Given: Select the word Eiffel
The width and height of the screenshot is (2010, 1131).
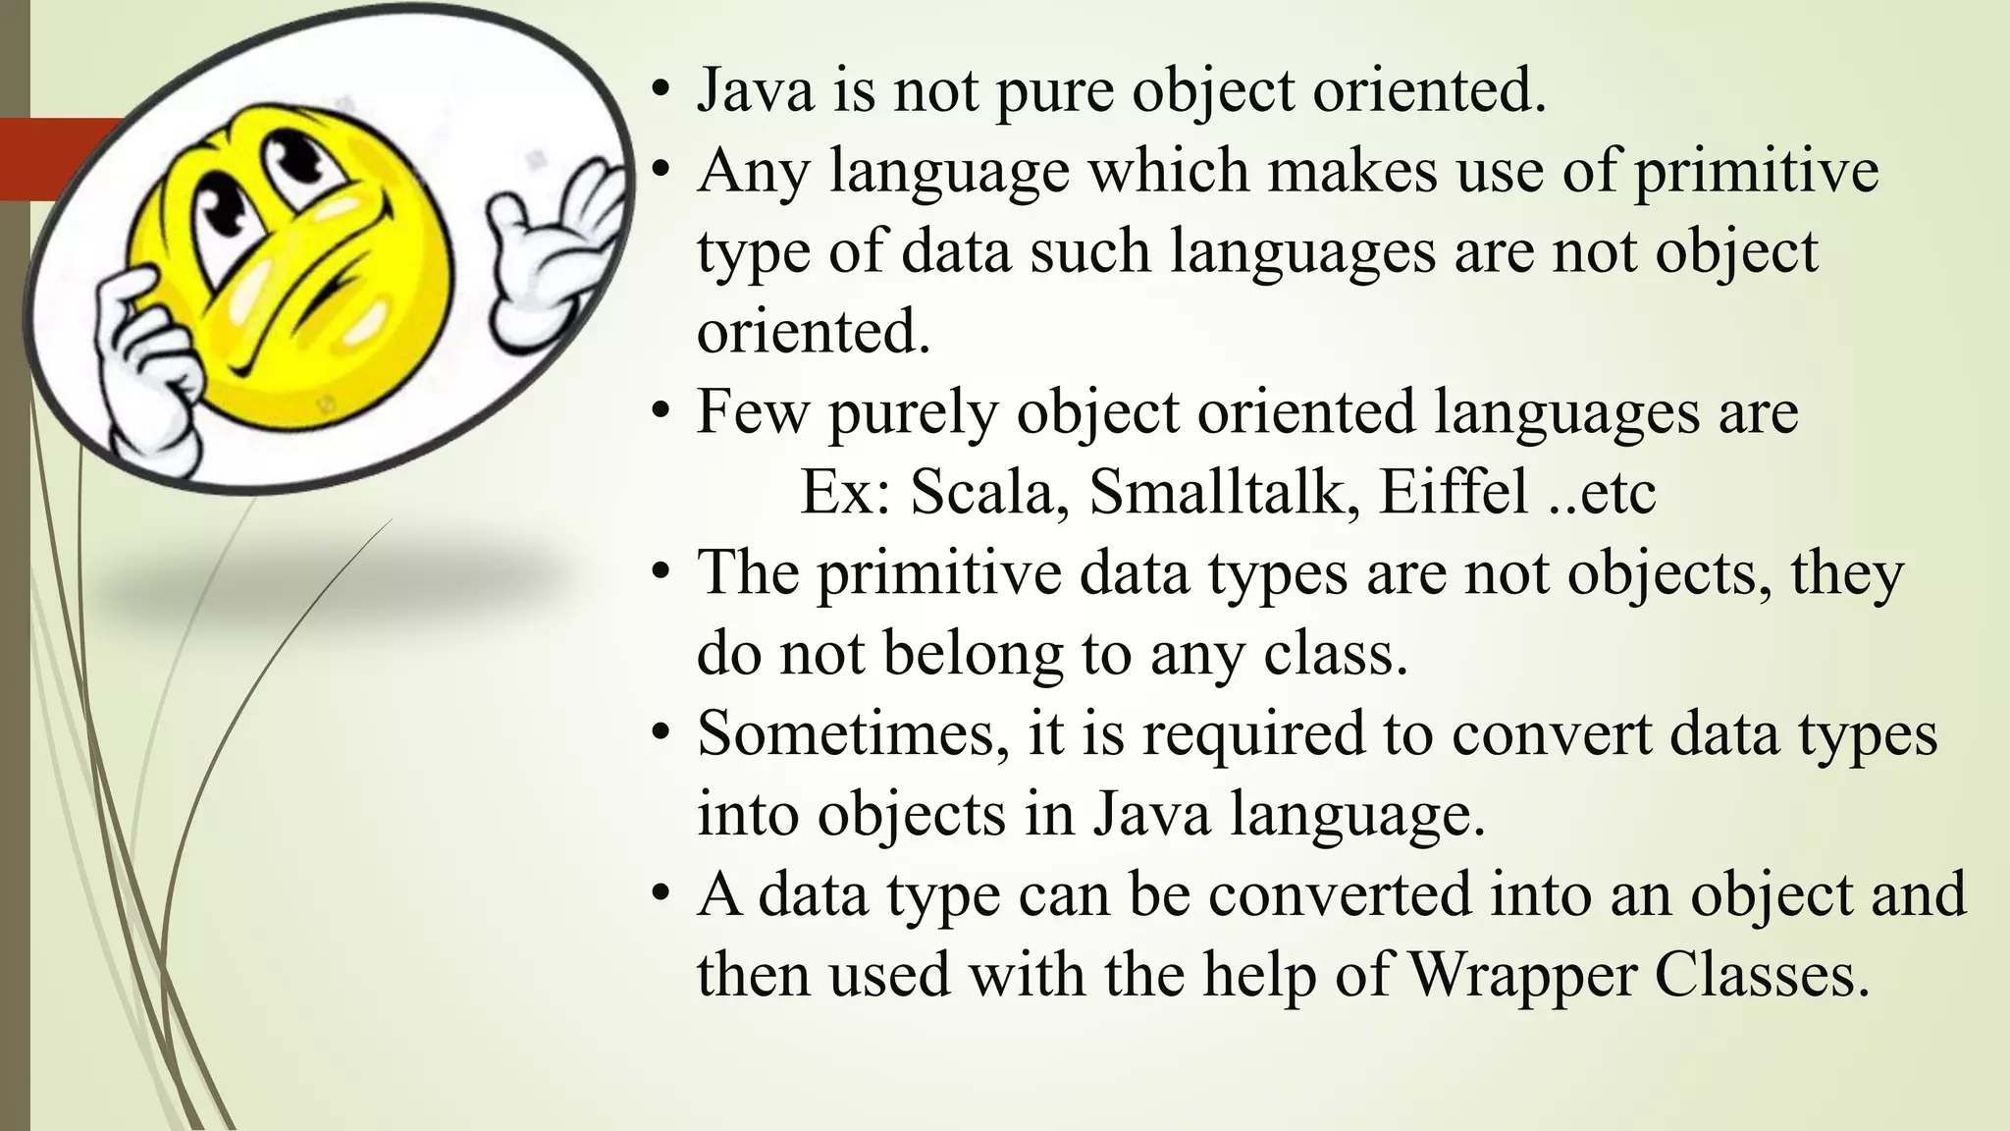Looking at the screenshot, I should coord(1453,492).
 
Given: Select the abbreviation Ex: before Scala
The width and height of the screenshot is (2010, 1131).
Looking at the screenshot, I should coord(845,492).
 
